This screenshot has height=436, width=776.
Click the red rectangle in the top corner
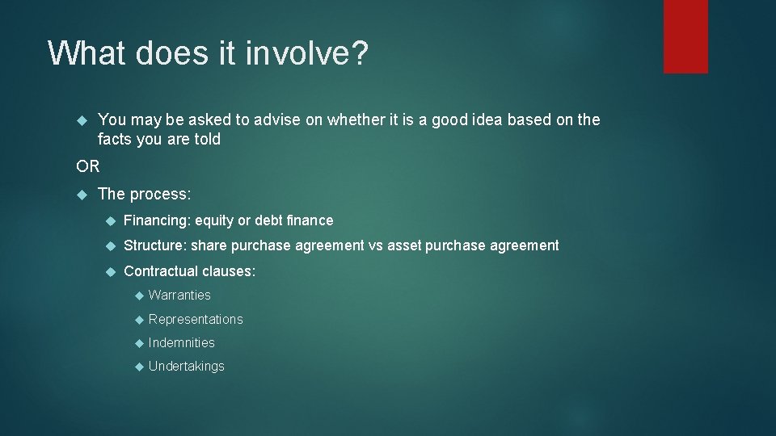(x=685, y=36)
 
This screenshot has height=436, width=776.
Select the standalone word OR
(x=88, y=166)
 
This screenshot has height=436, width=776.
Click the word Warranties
(x=179, y=296)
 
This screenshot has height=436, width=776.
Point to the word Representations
(x=196, y=319)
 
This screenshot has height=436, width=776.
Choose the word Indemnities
(x=182, y=342)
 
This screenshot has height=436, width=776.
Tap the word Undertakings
(x=187, y=366)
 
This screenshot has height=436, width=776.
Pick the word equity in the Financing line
(x=213, y=220)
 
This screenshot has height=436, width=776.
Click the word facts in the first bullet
(x=114, y=140)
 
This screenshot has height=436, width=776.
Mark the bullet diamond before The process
(x=81, y=194)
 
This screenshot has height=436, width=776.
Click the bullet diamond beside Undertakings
(x=138, y=367)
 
